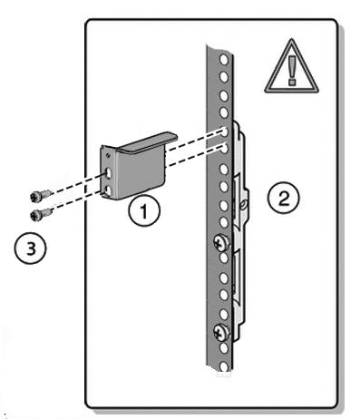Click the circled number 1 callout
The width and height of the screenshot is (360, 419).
[143, 210]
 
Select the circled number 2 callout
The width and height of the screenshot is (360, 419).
[283, 198]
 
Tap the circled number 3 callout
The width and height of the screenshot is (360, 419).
[31, 248]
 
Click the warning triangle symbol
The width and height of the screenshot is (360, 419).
[291, 66]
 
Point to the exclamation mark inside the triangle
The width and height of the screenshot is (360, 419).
[292, 71]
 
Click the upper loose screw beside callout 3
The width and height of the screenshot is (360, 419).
[41, 195]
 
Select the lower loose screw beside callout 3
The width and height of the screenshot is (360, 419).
[41, 213]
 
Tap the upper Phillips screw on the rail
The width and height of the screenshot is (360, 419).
[221, 243]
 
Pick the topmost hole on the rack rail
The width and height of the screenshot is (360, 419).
[224, 60]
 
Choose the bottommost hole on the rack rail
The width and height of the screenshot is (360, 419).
[224, 366]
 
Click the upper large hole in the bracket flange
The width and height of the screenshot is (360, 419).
[108, 174]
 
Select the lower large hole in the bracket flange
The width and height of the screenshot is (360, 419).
[108, 190]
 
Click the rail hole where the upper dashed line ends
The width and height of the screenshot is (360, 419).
[224, 132]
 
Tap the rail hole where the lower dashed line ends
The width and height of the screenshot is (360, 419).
[224, 149]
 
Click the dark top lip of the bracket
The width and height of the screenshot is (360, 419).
[147, 143]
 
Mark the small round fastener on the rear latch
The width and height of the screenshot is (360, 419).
[243, 205]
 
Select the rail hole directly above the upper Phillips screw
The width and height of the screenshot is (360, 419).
[224, 222]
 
